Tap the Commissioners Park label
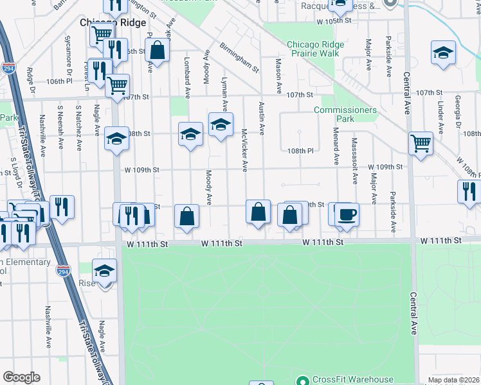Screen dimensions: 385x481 click(x=345, y=114)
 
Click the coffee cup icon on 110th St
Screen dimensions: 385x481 click(x=347, y=214)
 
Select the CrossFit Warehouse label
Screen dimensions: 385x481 click(x=353, y=379)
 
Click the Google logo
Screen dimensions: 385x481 click(x=21, y=378)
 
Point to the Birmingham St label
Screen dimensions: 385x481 click(x=239, y=58)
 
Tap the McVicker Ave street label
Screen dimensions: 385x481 click(x=244, y=150)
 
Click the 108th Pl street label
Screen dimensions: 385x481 click(x=300, y=151)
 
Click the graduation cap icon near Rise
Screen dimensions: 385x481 click(x=104, y=271)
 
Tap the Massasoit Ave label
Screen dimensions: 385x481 click(x=354, y=158)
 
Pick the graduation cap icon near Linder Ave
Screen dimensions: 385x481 click(x=443, y=53)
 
